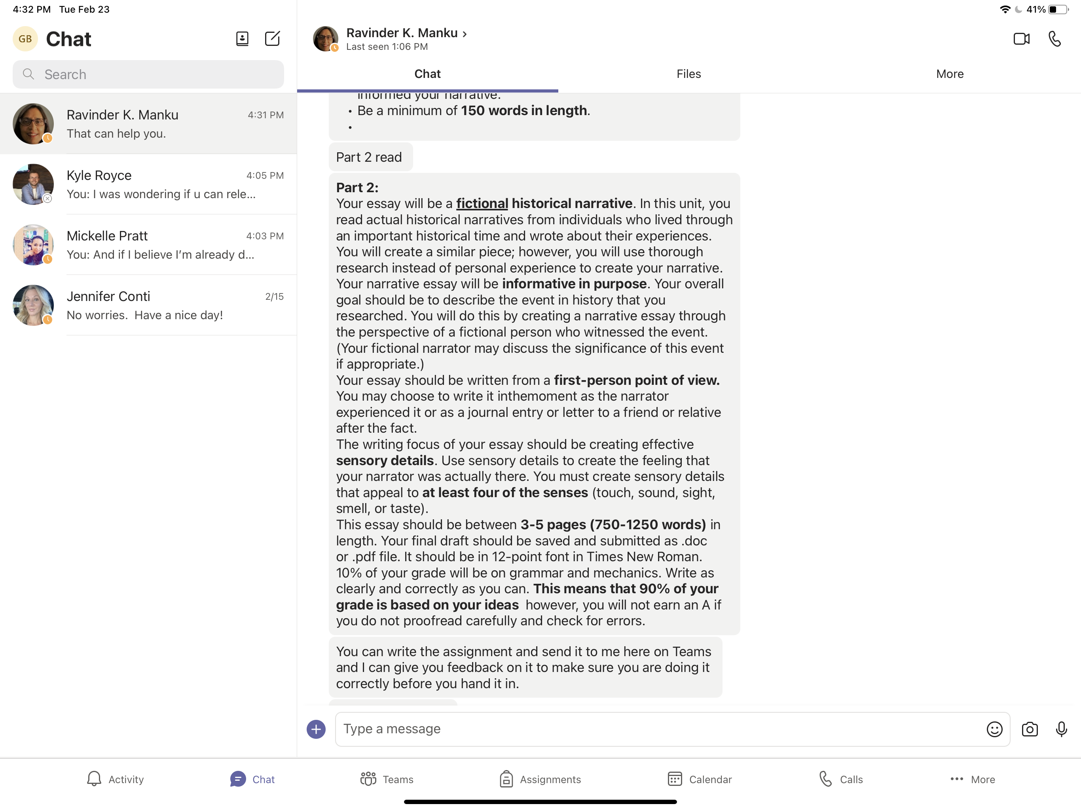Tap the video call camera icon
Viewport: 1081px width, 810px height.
pos(1021,39)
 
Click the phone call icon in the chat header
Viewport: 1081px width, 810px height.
pos(1054,39)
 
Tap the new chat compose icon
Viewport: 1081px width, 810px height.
pos(272,39)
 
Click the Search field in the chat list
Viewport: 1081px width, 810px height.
pos(148,74)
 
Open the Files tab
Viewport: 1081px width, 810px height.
pos(688,74)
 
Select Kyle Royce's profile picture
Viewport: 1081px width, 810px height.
pos(33,184)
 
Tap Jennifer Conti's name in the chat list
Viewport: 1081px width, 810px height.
pos(108,296)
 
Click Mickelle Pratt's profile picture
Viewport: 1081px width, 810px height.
pos(33,245)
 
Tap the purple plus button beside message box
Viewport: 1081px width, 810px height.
pos(316,729)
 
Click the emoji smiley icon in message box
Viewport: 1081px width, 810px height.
pos(994,729)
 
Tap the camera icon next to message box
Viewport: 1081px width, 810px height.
pos(1029,729)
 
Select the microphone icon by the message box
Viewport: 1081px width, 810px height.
pos(1061,729)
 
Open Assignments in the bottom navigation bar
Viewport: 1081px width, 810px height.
pos(540,779)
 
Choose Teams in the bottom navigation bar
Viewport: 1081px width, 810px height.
pos(387,779)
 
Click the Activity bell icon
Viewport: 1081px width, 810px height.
pos(94,779)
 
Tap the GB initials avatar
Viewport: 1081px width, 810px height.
pos(25,39)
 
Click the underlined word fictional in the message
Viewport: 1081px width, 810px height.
pos(482,203)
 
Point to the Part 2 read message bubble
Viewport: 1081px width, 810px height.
pos(370,157)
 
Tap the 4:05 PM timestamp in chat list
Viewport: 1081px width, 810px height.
pos(265,175)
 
